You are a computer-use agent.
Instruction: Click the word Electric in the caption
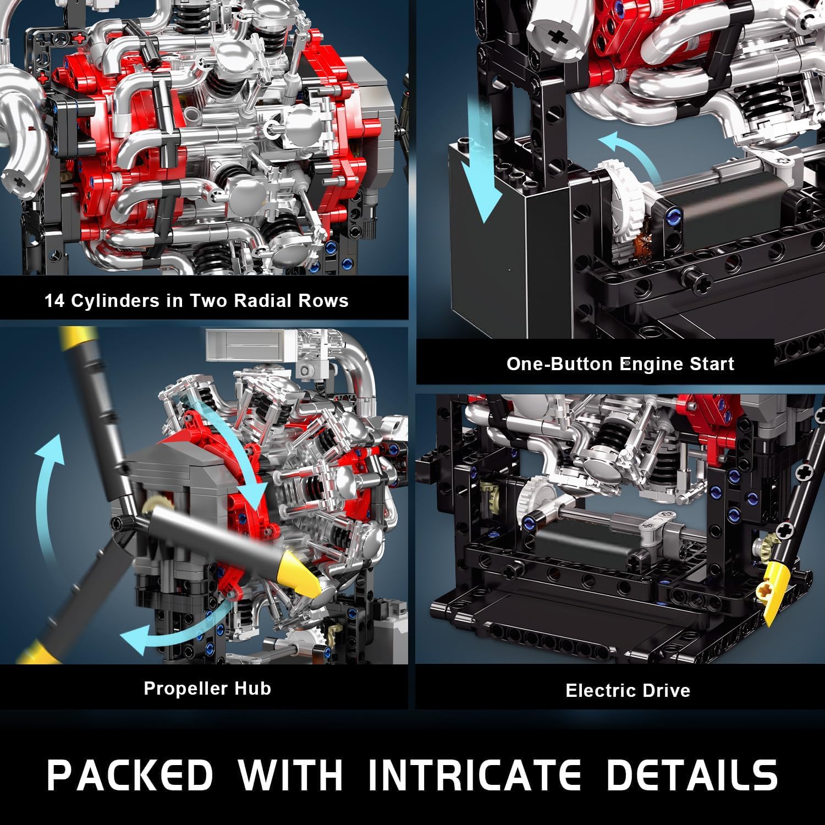click(x=596, y=690)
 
